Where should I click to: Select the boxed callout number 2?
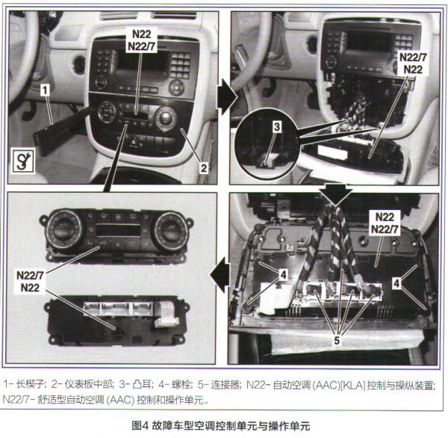pyautogui.click(x=202, y=168)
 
